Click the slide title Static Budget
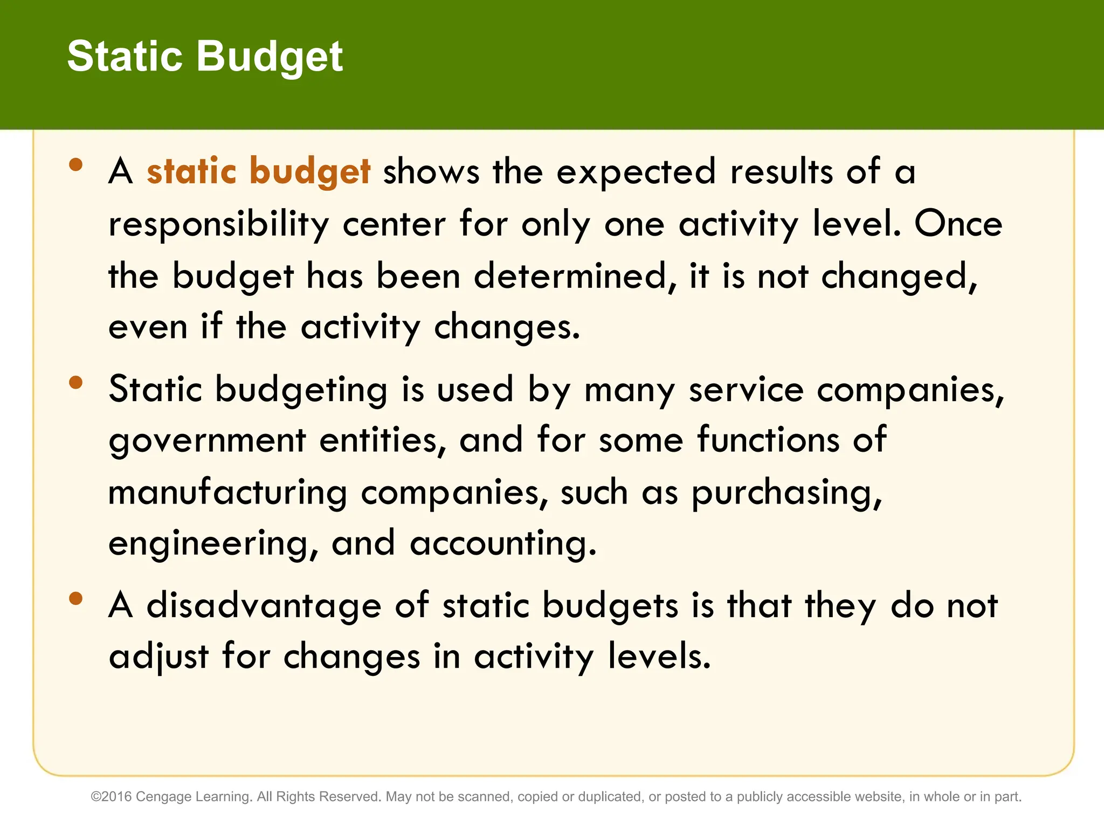click(205, 57)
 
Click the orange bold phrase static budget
click(258, 172)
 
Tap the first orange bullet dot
click(76, 164)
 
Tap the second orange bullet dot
click(76, 382)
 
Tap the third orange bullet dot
click(76, 598)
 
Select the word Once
click(958, 224)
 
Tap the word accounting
click(503, 543)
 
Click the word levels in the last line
click(659, 656)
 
